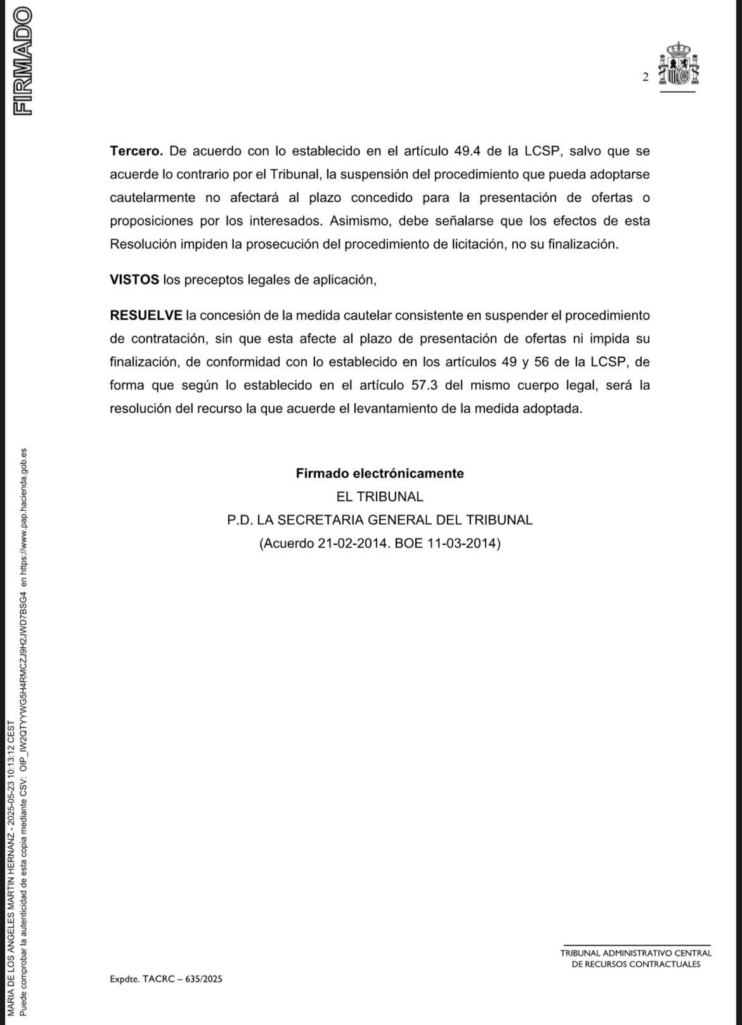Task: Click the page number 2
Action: click(x=646, y=77)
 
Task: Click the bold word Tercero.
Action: click(x=136, y=151)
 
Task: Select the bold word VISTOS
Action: click(x=134, y=280)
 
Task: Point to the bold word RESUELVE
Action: click(x=146, y=315)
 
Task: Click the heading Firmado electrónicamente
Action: click(x=380, y=474)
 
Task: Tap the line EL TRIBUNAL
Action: click(x=380, y=497)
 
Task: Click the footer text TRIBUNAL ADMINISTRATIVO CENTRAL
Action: click(x=636, y=953)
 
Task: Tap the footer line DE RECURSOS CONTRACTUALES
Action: click(x=636, y=964)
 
